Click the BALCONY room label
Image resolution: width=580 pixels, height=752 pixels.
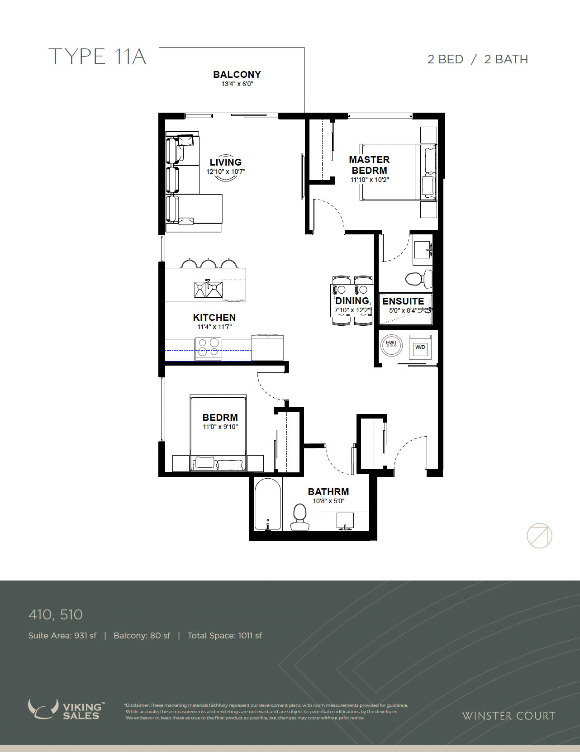pos(237,74)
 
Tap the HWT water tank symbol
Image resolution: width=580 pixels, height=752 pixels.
pos(391,345)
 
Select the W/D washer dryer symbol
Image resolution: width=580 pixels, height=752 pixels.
pos(420,347)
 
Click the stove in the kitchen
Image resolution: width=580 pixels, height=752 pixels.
pos(208,349)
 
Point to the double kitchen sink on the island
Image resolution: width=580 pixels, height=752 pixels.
pos(208,290)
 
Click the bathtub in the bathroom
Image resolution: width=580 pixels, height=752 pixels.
pos(268,505)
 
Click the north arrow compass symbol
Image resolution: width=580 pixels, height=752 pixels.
pos(539,536)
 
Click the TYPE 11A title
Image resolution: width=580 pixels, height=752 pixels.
pos(97,57)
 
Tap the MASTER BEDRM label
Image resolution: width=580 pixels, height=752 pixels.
pos(369,165)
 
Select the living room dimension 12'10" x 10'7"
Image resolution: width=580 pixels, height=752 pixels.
pos(226,171)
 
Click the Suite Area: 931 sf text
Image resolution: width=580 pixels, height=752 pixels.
pos(62,636)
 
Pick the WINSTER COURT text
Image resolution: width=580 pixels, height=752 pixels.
pos(509,716)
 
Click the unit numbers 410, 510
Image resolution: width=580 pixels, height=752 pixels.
pos(56,615)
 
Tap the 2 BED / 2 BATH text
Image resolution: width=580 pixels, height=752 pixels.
pos(478,60)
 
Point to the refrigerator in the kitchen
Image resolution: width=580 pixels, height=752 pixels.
pos(267,347)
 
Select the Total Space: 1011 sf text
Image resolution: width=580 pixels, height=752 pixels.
pos(224,636)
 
